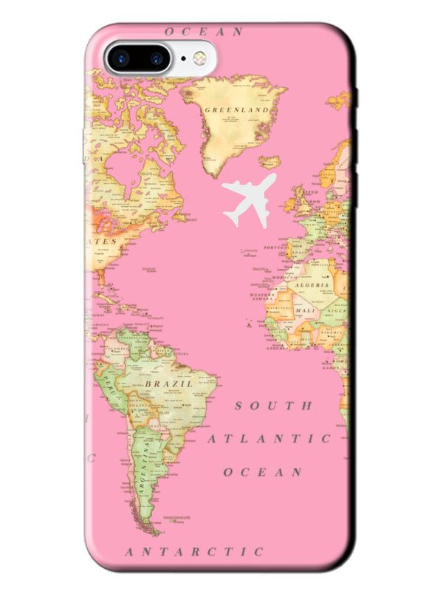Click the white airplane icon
[249, 199]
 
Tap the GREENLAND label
[236, 110]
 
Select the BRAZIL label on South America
[169, 384]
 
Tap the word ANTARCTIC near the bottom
[194, 551]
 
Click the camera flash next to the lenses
[197, 58]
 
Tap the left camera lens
[121, 58]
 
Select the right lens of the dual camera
[157, 58]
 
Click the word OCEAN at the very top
[204, 32]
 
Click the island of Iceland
[271, 161]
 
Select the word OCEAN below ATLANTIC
[263, 471]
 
